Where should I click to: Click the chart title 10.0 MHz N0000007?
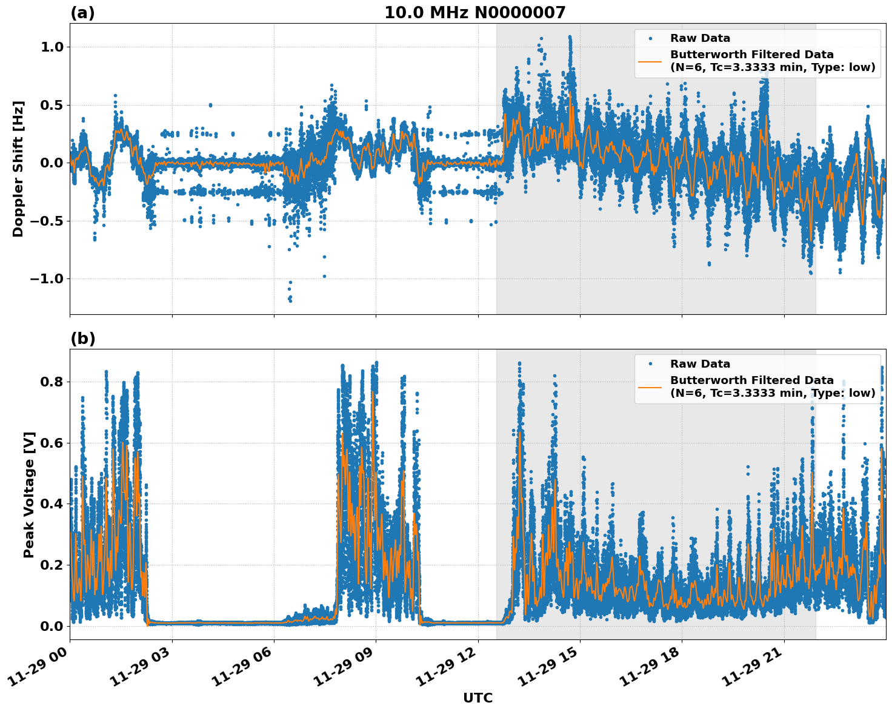474,13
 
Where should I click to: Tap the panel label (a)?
82,13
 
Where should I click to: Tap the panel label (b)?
82,339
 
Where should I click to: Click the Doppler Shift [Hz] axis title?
18,169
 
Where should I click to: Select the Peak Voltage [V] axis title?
28,494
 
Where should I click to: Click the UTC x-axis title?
478,698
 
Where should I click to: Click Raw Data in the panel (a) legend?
700,38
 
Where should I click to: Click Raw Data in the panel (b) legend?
700,364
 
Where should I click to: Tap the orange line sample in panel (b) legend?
650,387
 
